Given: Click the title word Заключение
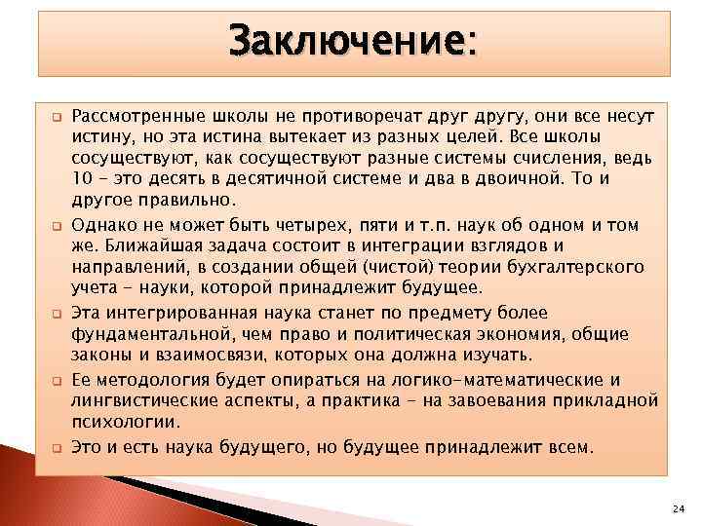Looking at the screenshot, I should [351, 42].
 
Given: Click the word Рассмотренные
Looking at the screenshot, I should [130, 116].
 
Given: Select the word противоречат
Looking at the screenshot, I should [355, 116].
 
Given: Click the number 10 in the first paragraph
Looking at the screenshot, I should [81, 178].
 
